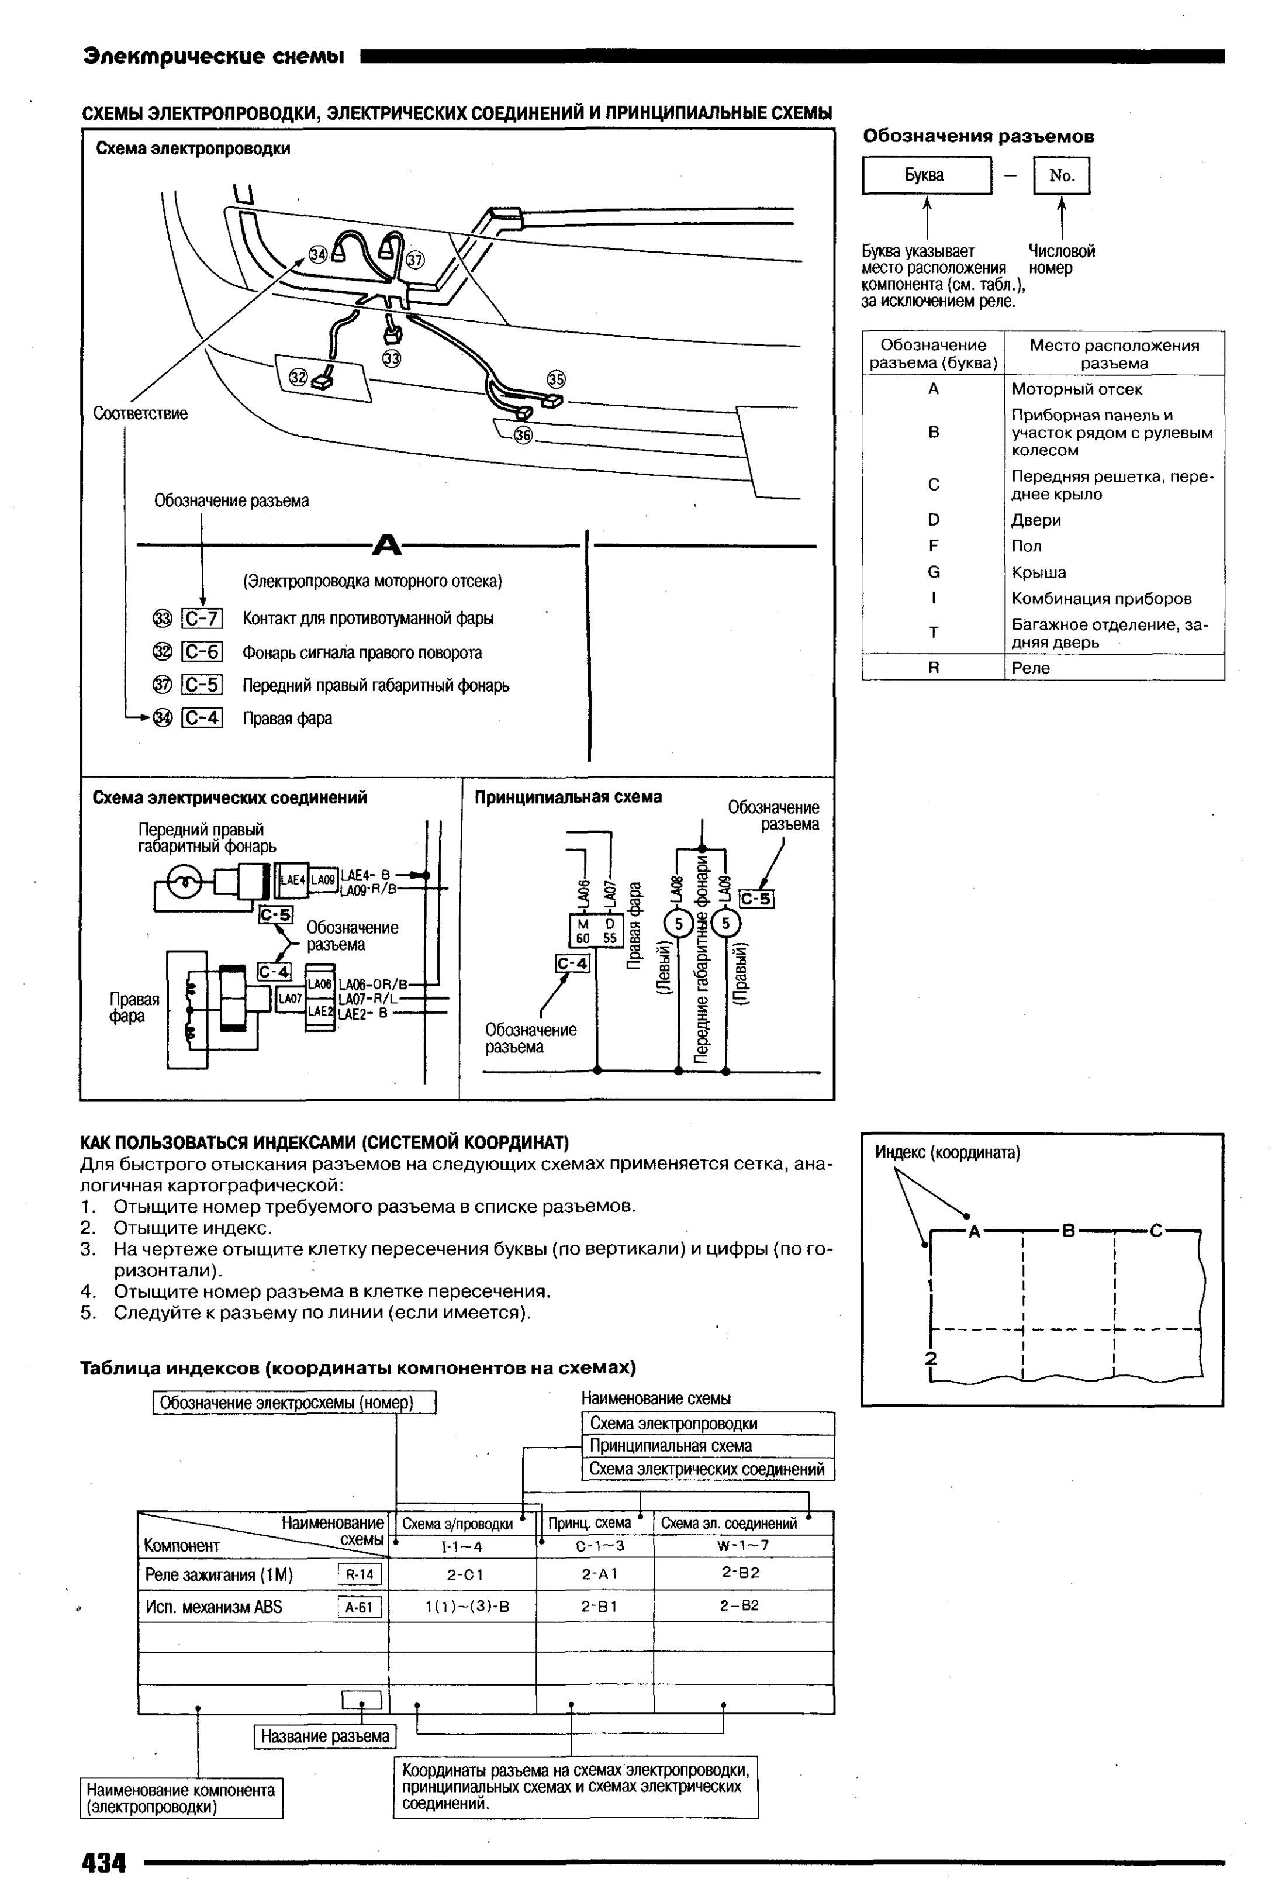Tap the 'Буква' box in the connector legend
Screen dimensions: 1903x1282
pyautogui.click(x=927, y=175)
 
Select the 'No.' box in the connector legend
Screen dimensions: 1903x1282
pyautogui.click(x=1061, y=175)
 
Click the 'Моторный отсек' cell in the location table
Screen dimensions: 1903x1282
pyautogui.click(x=1076, y=389)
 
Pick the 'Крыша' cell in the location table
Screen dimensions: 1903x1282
pyautogui.click(x=1038, y=572)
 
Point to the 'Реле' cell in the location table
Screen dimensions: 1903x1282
pyautogui.click(x=1030, y=667)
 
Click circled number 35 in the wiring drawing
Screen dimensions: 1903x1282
pyautogui.click(x=556, y=379)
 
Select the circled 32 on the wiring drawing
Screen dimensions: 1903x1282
pyautogui.click(x=298, y=377)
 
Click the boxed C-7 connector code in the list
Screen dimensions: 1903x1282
pyautogui.click(x=202, y=619)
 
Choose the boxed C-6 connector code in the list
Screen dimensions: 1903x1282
pyautogui.click(x=202, y=651)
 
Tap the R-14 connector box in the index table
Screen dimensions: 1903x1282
pyautogui.click(x=360, y=1575)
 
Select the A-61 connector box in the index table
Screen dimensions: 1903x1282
pyautogui.click(x=360, y=1608)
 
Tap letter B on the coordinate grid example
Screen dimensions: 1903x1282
pyautogui.click(x=1067, y=1230)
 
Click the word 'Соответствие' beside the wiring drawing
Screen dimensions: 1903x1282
pyautogui.click(x=141, y=413)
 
